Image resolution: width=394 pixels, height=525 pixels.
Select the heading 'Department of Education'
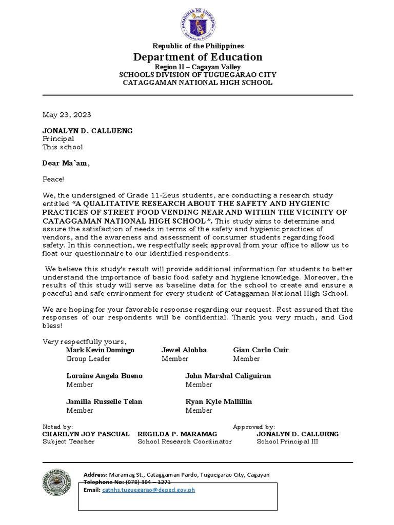coord(198,57)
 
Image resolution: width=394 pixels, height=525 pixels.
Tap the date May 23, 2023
coord(67,115)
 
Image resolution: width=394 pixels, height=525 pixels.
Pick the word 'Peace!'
coord(54,179)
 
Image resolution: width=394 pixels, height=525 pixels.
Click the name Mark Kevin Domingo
coord(100,350)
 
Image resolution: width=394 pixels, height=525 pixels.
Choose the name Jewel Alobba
coord(184,350)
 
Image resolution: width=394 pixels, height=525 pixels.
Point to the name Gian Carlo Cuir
coord(261,350)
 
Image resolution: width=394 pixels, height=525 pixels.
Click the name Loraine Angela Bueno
coord(104,376)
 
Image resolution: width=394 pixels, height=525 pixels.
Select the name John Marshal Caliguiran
coord(228,376)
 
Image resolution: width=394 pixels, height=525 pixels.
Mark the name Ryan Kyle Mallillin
coord(219,401)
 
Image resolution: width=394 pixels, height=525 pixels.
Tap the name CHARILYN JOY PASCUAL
coord(86,434)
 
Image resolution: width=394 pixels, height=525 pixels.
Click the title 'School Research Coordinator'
coord(184,441)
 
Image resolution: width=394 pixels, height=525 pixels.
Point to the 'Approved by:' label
coord(254,427)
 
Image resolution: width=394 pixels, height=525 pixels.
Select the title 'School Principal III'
coord(287,441)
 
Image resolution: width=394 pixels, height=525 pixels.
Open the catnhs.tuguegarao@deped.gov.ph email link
coord(148,490)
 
